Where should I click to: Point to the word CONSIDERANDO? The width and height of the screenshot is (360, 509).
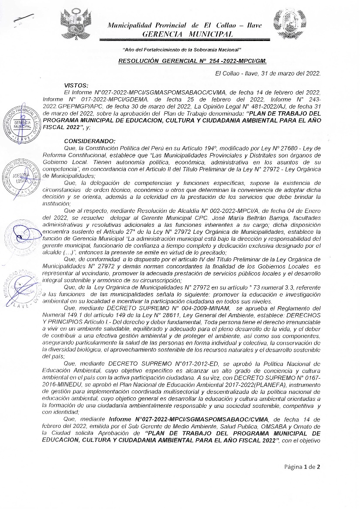click(90, 141)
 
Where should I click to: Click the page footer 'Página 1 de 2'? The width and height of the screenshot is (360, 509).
click(302, 467)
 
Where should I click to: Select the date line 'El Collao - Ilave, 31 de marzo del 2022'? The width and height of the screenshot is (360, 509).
click(268, 73)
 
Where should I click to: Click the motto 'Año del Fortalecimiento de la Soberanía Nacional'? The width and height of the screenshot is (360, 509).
click(182, 51)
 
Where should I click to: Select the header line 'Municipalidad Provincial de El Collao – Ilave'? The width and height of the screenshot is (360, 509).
click(185, 25)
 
